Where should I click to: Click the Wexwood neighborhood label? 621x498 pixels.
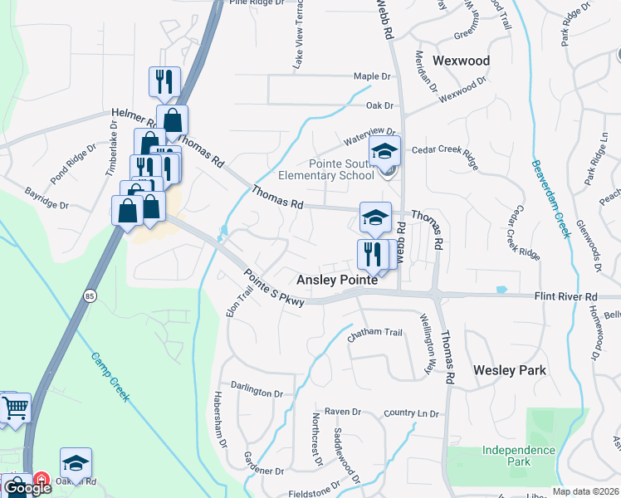(x=462, y=61)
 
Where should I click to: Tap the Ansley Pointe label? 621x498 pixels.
(x=337, y=281)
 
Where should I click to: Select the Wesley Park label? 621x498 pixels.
(x=510, y=370)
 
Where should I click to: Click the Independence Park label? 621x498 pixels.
(x=519, y=456)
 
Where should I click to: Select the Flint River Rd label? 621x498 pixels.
(x=566, y=296)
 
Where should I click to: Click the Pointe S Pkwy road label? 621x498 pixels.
(x=274, y=287)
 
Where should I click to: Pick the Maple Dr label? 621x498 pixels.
(x=371, y=76)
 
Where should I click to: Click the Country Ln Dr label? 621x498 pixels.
(x=411, y=413)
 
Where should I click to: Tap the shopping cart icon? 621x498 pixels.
(x=16, y=408)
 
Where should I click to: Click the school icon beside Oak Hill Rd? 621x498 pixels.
(x=76, y=462)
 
